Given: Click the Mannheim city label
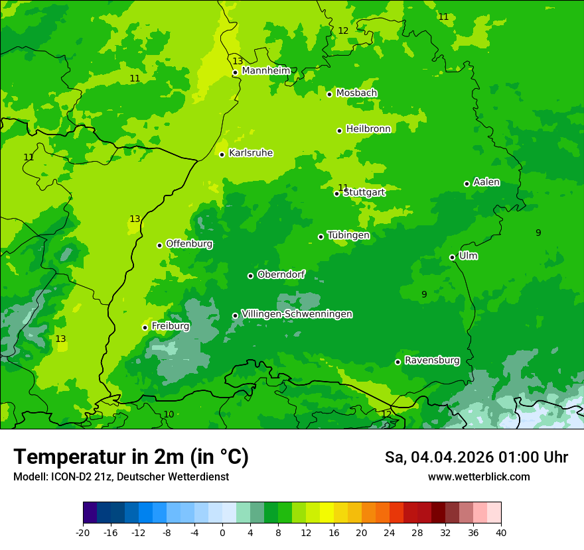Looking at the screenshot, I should (x=266, y=71).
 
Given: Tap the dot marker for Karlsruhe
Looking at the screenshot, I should (x=222, y=154).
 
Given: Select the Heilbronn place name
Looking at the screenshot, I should (x=368, y=129).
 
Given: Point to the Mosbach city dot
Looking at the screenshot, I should (x=329, y=94).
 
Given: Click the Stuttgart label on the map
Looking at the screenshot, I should (x=364, y=192).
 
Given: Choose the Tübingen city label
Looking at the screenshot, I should (x=348, y=235).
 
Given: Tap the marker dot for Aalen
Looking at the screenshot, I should (x=467, y=184).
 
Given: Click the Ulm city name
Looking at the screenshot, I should (x=468, y=256).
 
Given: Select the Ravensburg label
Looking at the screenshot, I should (x=432, y=360).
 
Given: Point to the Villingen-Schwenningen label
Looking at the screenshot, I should (x=297, y=314).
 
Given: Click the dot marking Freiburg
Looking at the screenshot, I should (x=145, y=327).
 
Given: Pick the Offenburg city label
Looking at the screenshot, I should (x=189, y=244).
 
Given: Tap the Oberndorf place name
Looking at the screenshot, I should (x=281, y=274).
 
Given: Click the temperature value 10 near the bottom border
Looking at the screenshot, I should (x=169, y=414).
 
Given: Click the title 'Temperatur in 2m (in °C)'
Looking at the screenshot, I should (x=131, y=457).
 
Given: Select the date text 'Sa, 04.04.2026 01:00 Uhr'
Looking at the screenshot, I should (x=476, y=457).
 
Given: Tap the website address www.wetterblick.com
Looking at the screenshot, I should (x=478, y=476).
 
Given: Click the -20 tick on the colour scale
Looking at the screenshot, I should (x=83, y=532).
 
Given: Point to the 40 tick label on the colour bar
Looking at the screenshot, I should (x=501, y=532).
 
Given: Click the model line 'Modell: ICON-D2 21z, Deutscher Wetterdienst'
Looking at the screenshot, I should (x=121, y=476).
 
